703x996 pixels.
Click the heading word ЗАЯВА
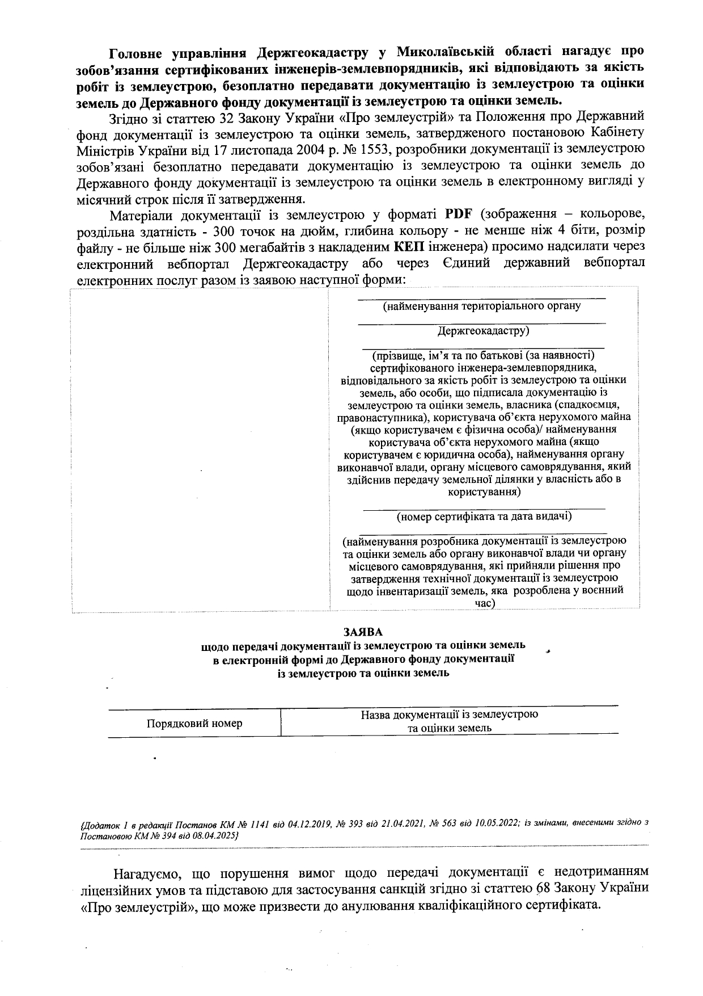pyautogui.click(x=363, y=631)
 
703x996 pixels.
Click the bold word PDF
pyautogui.click(x=457, y=215)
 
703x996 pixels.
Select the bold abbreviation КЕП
pyautogui.click(x=409, y=247)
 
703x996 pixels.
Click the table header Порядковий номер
pyautogui.click(x=194, y=724)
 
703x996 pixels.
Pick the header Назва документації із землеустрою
pyautogui.click(x=449, y=715)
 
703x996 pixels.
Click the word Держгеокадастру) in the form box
pyautogui.click(x=483, y=330)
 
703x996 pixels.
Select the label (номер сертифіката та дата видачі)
pyautogui.click(x=484, y=516)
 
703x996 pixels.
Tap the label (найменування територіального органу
pyautogui.click(x=482, y=306)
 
